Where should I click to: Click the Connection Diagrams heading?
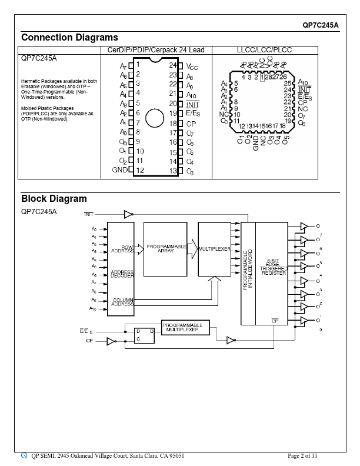coord(69,38)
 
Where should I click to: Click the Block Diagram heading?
coord(54,199)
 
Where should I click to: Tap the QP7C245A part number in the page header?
coord(321,25)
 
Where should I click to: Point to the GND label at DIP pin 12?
coord(120,170)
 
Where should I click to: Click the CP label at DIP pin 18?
coord(191,124)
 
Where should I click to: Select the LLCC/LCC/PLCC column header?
coord(264,51)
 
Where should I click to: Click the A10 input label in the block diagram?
coord(93,308)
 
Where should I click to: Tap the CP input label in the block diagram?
coord(89,341)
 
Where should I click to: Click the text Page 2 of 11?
coord(303,455)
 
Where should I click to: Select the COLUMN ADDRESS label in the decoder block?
coord(122,302)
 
